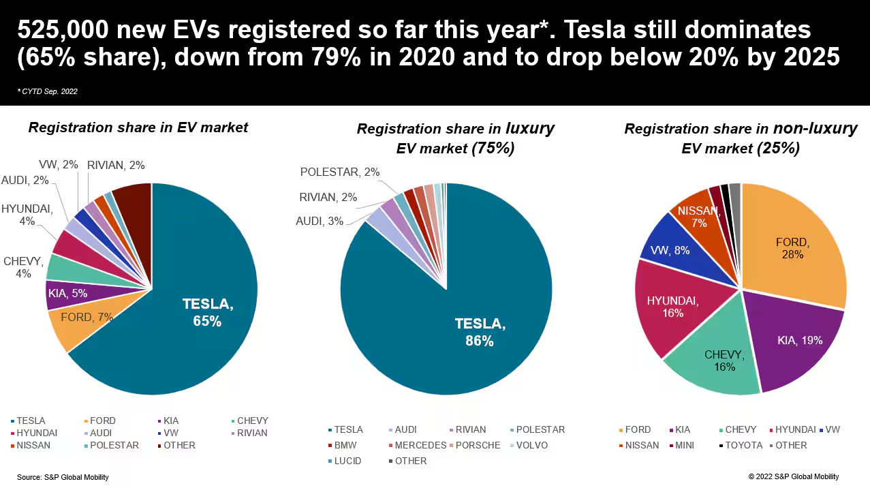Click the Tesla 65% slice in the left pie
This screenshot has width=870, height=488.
coord(198,320)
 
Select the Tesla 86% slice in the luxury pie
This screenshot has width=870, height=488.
coord(477,327)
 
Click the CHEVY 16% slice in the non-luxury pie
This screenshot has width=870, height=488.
coord(719,361)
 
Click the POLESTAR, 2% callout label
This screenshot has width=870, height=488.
coord(340,172)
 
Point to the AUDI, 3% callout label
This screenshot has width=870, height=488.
coord(319,221)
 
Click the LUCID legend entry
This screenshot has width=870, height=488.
coord(348,461)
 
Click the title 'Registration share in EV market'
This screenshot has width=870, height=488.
coord(138,127)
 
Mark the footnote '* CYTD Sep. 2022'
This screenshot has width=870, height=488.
coord(48,91)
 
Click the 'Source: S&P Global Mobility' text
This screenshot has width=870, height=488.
coord(63,477)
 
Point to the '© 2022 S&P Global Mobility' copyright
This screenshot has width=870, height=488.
coord(793,476)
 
